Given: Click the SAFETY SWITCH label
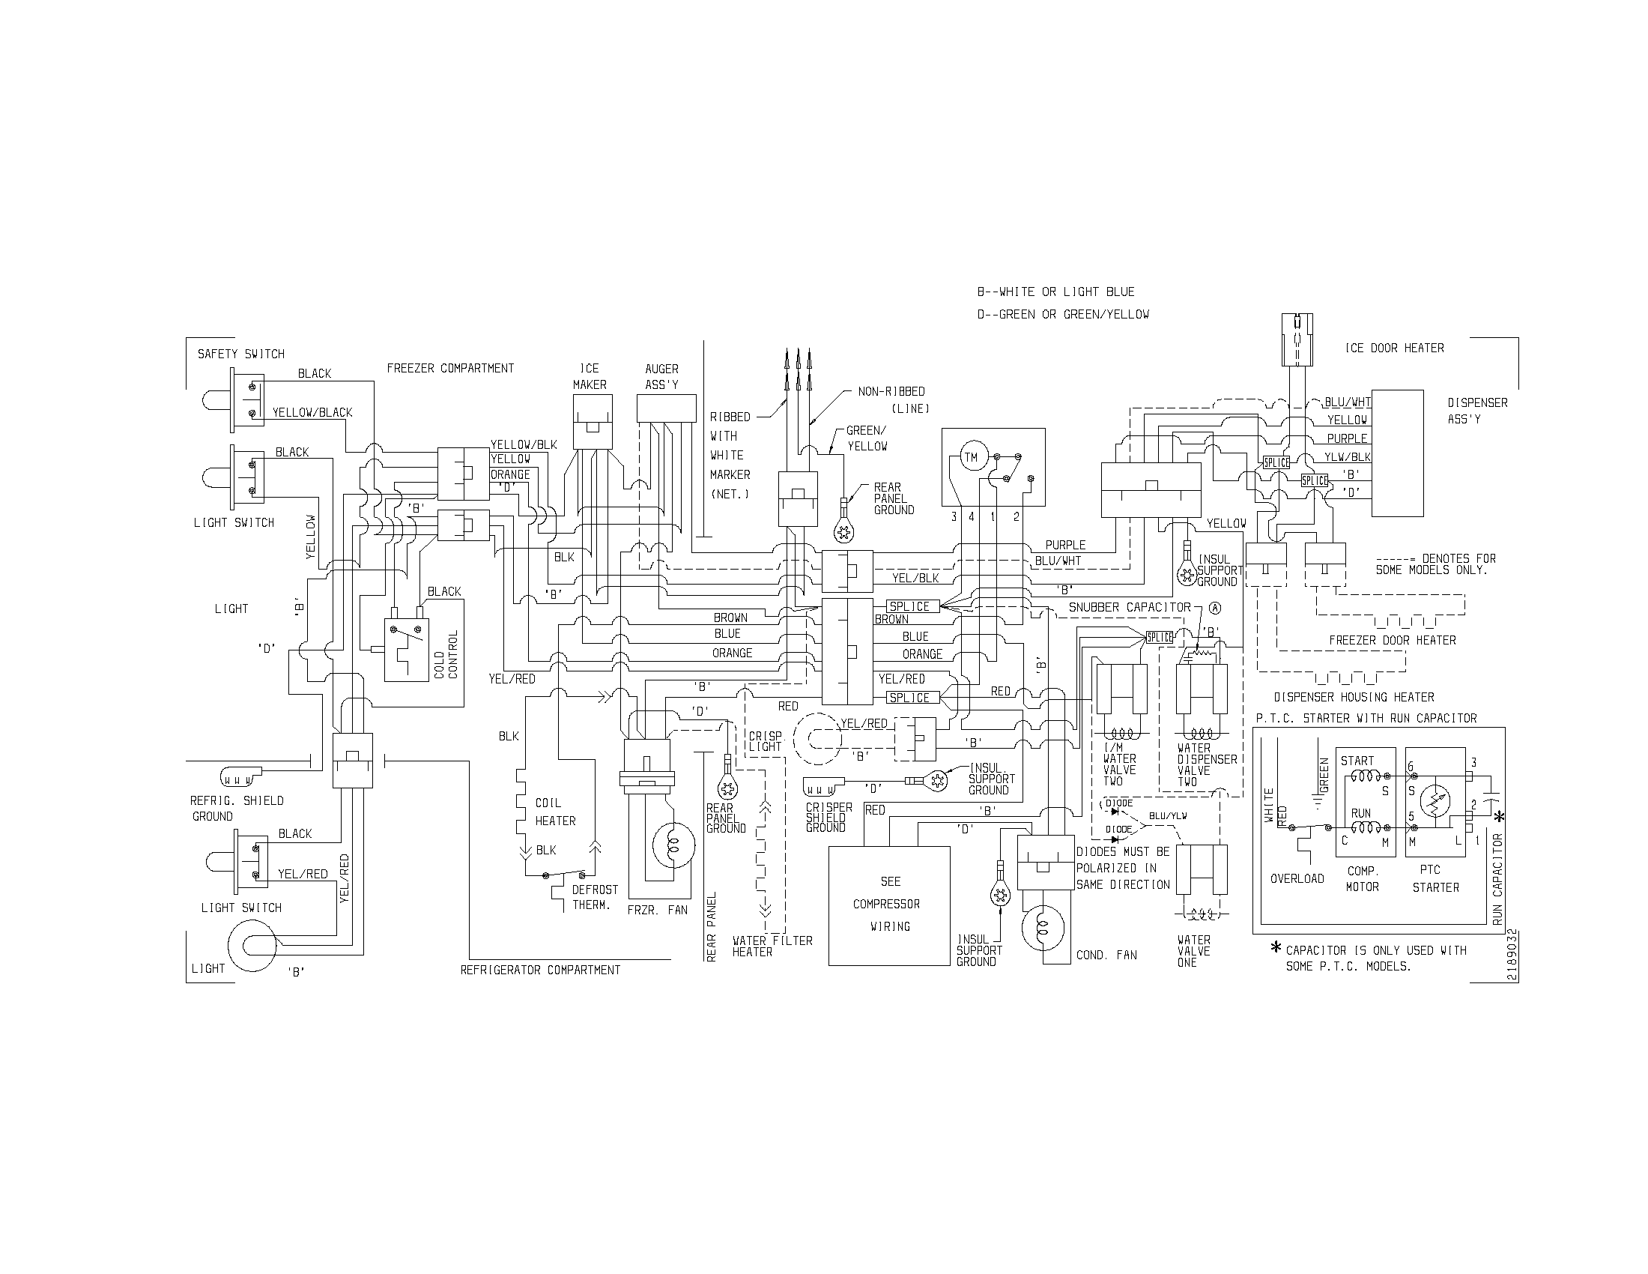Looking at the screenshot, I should click(240, 354).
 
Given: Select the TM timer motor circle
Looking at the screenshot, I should click(970, 457).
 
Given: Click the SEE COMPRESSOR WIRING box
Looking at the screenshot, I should click(889, 905).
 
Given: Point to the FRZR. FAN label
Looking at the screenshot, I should click(657, 911).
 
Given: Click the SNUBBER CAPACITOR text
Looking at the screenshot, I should click(1129, 608).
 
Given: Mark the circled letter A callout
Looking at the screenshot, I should click(1214, 608).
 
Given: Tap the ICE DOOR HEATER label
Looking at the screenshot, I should click(1395, 348).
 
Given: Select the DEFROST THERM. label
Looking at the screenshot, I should click(595, 897).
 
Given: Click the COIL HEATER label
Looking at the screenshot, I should click(555, 812).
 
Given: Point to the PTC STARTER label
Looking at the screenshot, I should click(1435, 878).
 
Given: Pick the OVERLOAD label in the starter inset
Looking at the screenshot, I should click(1297, 878).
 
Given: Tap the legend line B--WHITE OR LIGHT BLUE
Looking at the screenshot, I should click(1055, 292).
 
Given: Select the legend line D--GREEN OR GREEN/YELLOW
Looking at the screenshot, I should click(1063, 315).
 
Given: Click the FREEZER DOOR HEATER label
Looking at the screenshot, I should click(1393, 640).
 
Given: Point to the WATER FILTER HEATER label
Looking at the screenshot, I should click(772, 947).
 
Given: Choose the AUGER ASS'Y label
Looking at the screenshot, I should click(661, 377).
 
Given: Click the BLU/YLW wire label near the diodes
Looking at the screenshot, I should click(1168, 816).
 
